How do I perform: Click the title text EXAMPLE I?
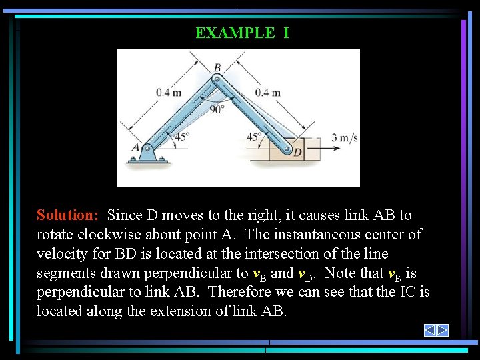point(242,33)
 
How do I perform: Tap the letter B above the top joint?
point(217,67)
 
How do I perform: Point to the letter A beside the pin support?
point(135,147)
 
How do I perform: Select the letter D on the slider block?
point(297,153)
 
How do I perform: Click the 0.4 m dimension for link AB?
point(169,93)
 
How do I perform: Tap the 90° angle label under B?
point(217,109)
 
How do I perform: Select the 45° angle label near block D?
point(255,137)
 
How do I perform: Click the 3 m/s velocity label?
point(345,138)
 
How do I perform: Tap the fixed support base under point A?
point(147,160)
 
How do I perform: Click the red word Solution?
point(68,215)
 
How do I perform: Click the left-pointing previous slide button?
point(430,330)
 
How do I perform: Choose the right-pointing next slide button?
point(442,330)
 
